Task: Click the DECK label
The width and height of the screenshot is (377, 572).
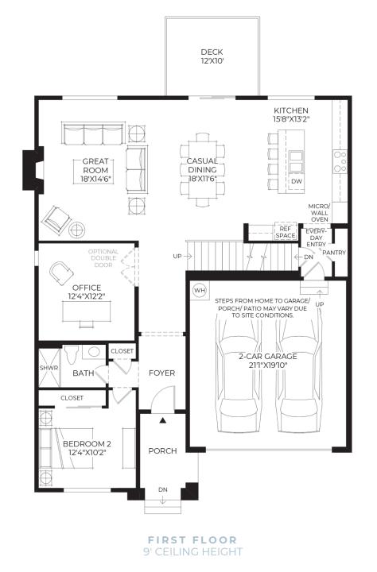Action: [x=212, y=52]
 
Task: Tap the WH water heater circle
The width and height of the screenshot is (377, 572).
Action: [x=200, y=291]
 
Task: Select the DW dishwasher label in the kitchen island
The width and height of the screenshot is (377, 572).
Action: [x=297, y=181]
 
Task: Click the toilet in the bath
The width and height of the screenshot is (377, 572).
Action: [x=71, y=354]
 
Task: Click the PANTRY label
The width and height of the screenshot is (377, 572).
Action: [x=334, y=253]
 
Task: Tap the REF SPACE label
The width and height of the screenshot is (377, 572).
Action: [x=286, y=232]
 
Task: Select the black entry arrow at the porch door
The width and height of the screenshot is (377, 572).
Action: [x=163, y=420]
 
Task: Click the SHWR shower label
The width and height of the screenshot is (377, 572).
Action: [x=49, y=368]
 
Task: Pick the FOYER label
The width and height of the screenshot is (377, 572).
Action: [x=161, y=373]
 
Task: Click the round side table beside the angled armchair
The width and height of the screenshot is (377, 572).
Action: [x=77, y=230]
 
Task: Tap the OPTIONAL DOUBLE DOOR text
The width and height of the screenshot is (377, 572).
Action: [x=103, y=258]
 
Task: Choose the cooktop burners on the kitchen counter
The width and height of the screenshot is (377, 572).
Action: [x=340, y=161]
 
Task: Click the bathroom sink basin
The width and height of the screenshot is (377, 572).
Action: [x=95, y=352]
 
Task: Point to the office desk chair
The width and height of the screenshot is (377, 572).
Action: [x=61, y=272]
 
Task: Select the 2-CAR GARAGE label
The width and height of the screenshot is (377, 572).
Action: [x=268, y=357]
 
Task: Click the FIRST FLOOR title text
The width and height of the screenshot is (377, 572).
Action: [x=192, y=540]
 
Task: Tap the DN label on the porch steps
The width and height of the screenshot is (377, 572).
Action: [x=163, y=489]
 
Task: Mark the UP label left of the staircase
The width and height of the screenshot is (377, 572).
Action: [x=177, y=257]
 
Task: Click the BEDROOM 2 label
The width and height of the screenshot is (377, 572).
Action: [x=87, y=443]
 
